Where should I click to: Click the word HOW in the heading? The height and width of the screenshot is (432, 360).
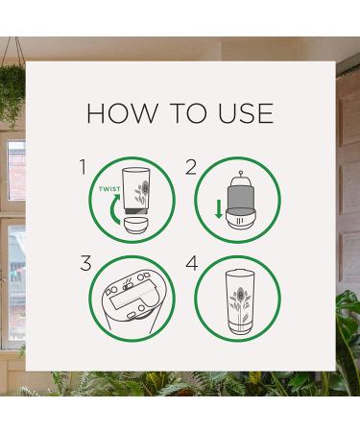122,113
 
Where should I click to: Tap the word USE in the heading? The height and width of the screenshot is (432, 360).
246,113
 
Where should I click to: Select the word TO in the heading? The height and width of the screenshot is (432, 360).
188,113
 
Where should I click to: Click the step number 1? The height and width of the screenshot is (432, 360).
84,167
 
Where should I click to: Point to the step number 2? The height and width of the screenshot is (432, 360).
191,167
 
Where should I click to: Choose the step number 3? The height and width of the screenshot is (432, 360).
85,263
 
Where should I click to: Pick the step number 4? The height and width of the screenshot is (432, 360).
192,263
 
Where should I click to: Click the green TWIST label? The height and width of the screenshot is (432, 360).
109,189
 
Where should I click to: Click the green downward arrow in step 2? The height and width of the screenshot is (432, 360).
219,209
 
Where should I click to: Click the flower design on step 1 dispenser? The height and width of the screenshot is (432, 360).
142,191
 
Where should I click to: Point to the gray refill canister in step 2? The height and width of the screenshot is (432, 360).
240,199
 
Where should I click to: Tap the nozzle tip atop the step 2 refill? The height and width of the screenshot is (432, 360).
240,173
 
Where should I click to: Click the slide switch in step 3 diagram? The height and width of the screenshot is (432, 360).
127,284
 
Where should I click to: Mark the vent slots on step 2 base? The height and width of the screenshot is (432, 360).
240,221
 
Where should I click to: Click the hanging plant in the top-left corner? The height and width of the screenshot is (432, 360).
12,93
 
